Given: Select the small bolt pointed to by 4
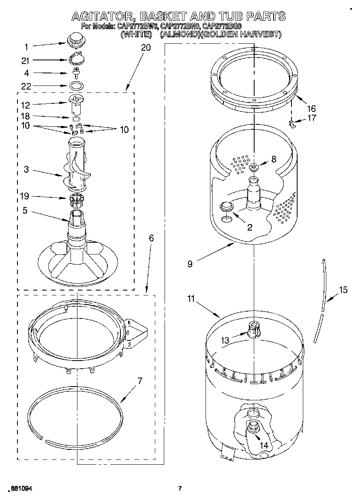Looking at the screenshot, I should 76,73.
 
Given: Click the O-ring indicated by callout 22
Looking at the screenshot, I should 76,86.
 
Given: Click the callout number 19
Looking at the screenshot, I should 26,197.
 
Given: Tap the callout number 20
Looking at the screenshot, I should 146,47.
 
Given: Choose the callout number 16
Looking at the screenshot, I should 311,109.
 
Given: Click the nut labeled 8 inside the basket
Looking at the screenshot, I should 254,166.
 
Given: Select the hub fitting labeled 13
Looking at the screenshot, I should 253,329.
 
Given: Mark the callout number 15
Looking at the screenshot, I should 343,290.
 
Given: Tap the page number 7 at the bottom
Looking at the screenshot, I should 180,488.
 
